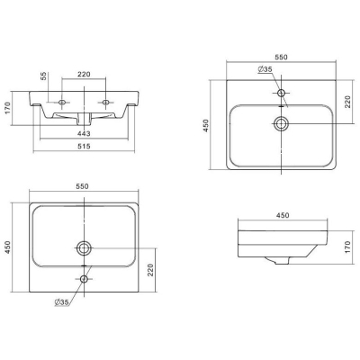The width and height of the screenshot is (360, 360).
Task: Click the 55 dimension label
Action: tap(44, 76)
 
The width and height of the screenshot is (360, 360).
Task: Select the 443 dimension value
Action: tap(84, 133)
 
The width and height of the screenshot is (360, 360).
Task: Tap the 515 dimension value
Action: tap(84, 146)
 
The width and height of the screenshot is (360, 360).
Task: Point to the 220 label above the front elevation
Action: tap(84, 74)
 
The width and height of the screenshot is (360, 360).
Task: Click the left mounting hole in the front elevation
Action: tap(62, 103)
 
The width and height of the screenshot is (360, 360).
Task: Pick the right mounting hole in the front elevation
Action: tap(105, 103)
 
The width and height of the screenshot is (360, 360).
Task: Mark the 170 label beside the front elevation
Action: tap(7, 108)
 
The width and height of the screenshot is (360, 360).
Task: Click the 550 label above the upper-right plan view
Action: tap(281, 57)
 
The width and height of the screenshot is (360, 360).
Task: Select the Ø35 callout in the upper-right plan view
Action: tap(265, 69)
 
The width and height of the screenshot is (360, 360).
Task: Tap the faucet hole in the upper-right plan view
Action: tap(281, 93)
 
